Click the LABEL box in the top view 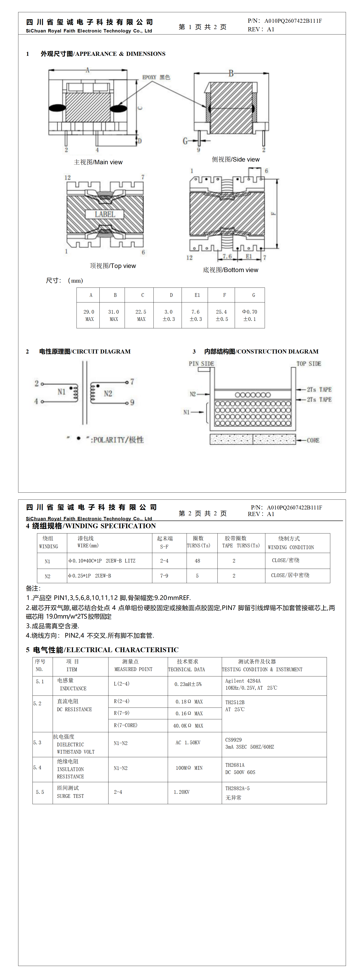105,214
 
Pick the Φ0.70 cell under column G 249,315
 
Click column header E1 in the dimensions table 197,295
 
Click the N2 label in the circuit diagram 108,393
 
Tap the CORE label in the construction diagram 313,440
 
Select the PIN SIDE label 201,364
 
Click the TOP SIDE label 309,364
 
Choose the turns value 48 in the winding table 197,561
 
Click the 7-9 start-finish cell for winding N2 164,575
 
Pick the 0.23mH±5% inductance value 188,684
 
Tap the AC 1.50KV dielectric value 187,743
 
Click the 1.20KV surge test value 182,792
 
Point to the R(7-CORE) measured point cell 126,725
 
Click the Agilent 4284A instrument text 243,681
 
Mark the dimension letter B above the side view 231,73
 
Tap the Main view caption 98,162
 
